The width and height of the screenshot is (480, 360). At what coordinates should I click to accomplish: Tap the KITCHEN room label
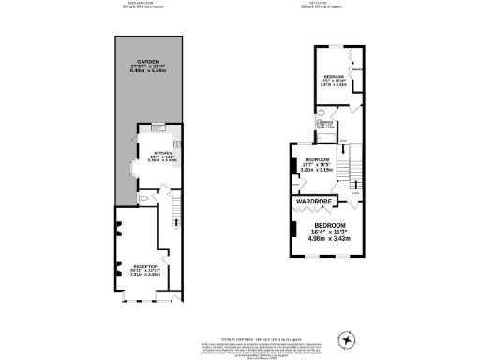pos(153,151)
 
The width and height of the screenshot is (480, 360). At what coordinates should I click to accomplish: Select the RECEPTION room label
pos(145,266)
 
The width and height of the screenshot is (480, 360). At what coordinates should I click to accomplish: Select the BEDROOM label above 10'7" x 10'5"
pos(312,160)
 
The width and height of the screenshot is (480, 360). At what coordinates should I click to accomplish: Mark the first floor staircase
pos(348,169)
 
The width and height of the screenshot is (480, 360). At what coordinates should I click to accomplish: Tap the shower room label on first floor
pos(327,123)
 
